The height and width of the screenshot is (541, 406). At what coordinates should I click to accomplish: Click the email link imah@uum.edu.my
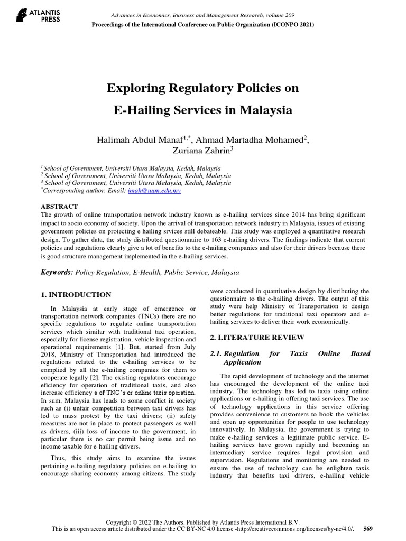coord(154,191)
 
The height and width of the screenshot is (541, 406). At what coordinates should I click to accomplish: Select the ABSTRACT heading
coord(59,207)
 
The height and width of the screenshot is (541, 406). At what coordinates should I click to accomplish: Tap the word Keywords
coord(57,273)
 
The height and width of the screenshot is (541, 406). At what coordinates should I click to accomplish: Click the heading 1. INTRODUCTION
coord(76,295)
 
